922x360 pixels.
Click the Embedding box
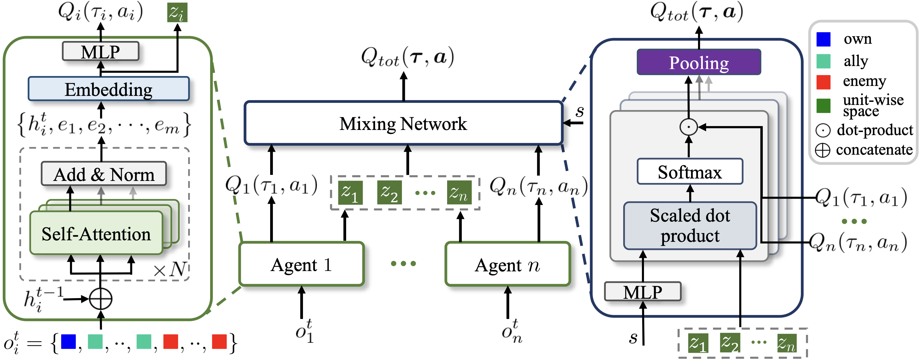point(109,89)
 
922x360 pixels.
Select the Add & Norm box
point(104,174)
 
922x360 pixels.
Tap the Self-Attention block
point(96,233)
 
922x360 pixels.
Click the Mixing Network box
point(403,123)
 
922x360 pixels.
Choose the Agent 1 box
point(302,264)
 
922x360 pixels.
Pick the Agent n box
point(507,264)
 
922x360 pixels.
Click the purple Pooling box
point(699,62)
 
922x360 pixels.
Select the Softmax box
point(690,172)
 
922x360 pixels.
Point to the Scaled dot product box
point(690,226)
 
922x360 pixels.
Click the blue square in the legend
point(823,39)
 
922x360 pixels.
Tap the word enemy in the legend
point(864,81)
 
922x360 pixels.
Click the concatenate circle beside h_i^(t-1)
point(101,299)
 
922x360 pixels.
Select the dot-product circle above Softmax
point(688,127)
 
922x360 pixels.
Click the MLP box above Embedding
point(101,52)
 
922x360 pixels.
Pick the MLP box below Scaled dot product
point(643,292)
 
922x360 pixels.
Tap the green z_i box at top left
point(177,13)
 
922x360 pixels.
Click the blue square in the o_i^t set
point(68,341)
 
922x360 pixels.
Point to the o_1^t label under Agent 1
point(304,331)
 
